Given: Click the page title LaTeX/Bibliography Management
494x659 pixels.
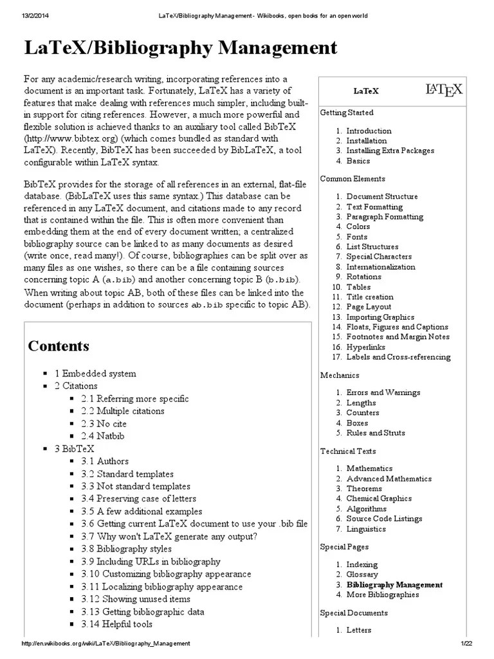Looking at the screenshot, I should click(181, 48).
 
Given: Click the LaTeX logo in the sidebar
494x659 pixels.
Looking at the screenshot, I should click(444, 90).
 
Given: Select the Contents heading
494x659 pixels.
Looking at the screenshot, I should click(59, 346).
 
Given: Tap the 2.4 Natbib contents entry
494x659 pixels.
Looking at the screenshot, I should click(103, 436).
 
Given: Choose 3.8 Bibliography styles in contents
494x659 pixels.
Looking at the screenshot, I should click(127, 549).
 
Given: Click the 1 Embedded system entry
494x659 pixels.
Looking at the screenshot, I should click(95, 373).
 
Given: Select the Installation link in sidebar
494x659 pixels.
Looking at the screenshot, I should click(366, 140).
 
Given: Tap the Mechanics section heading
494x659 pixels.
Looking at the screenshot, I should click(340, 375).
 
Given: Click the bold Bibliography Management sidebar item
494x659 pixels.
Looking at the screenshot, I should click(394, 585).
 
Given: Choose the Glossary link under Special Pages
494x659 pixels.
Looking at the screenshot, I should click(362, 575).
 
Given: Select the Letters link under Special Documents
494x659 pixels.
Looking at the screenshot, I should click(360, 630).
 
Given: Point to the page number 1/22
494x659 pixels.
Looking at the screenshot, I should click(466, 644).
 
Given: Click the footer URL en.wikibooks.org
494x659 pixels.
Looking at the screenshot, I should click(106, 644).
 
